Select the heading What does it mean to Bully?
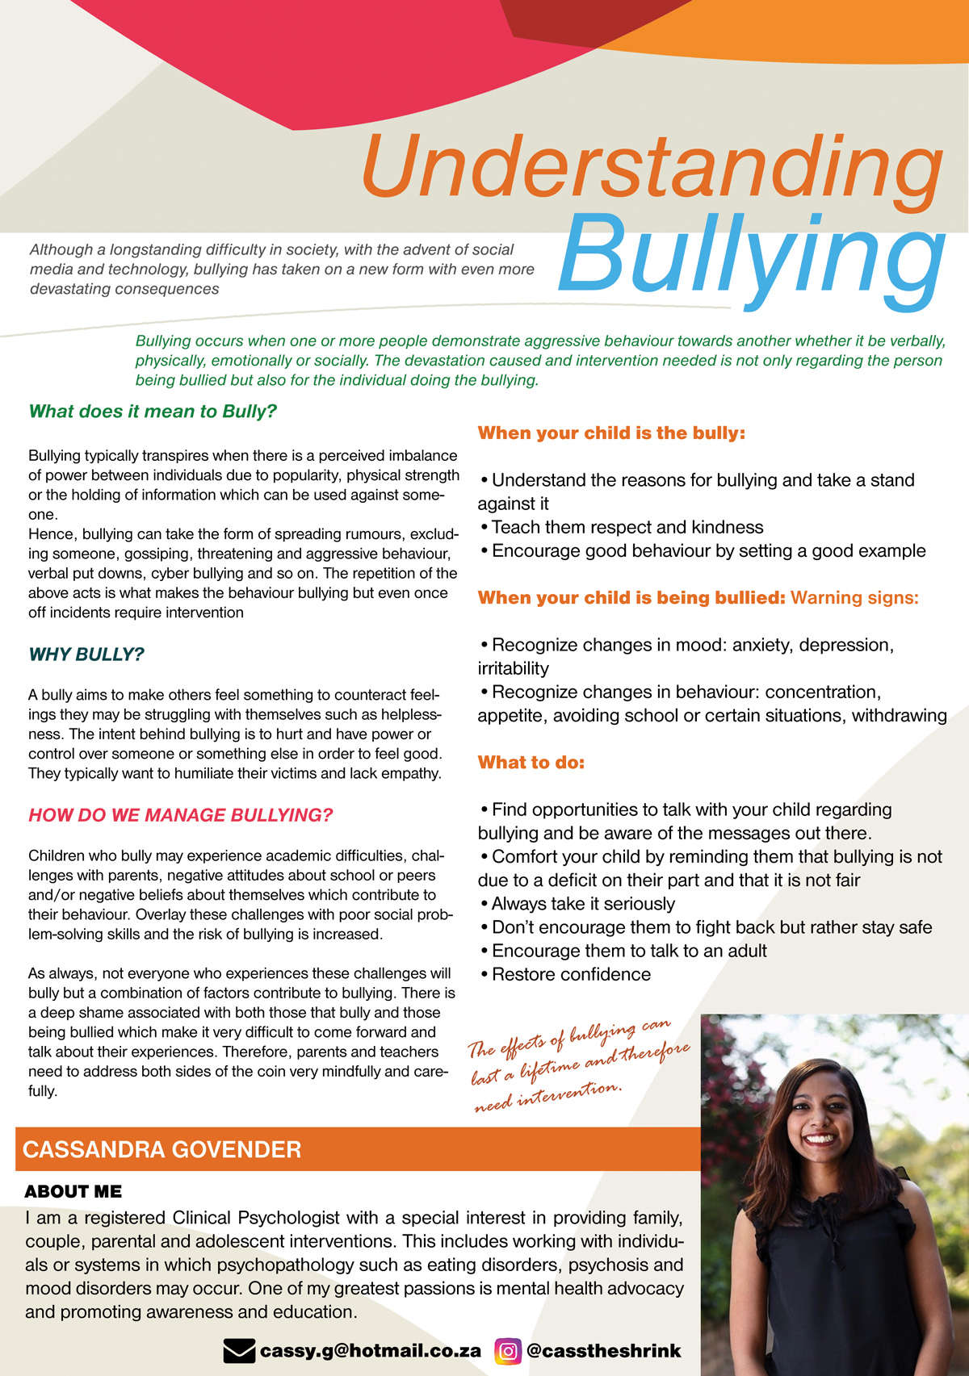coord(153,412)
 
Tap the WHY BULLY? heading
coord(86,655)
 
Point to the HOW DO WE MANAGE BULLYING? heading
coord(181,815)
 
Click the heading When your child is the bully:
coord(611,433)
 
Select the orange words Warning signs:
coord(854,598)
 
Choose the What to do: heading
coord(531,763)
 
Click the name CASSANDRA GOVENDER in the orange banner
coord(162,1149)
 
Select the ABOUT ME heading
coord(73,1192)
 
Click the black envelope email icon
coord(238,1350)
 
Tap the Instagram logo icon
coord(508,1350)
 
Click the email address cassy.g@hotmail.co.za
coord(371,1350)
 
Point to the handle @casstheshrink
coord(603,1350)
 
